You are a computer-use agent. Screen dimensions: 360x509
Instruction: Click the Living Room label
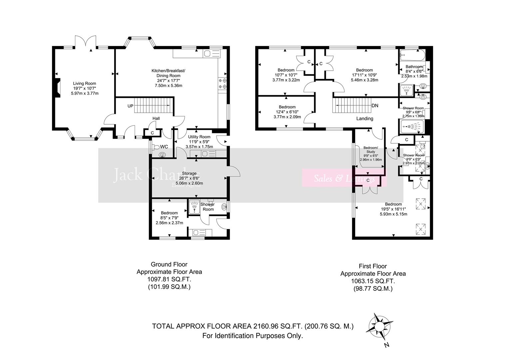click(85, 84)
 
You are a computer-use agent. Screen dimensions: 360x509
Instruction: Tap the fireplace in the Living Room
click(58, 88)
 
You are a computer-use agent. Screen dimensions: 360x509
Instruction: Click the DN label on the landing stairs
click(375, 106)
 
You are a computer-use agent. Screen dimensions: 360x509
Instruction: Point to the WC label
click(164, 147)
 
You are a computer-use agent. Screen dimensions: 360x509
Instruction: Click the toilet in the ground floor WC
click(162, 154)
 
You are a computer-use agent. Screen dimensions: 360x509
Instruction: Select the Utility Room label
click(199, 137)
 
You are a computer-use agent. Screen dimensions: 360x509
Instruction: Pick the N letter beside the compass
click(386, 345)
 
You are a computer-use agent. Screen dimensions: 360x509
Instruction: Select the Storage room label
click(189, 173)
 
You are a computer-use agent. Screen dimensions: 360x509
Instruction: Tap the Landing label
click(365, 118)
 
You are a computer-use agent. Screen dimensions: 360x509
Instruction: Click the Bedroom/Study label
click(370, 150)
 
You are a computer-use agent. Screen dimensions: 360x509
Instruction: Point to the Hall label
click(156, 118)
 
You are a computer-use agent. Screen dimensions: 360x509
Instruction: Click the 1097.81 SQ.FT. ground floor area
click(169, 279)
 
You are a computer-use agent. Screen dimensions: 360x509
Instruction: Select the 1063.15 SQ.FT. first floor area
click(373, 281)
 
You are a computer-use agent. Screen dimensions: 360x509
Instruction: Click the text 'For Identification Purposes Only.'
click(253, 336)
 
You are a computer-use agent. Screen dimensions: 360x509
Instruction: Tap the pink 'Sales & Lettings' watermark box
click(344, 178)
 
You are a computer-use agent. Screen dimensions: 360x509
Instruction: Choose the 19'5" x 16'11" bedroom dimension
click(393, 209)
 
